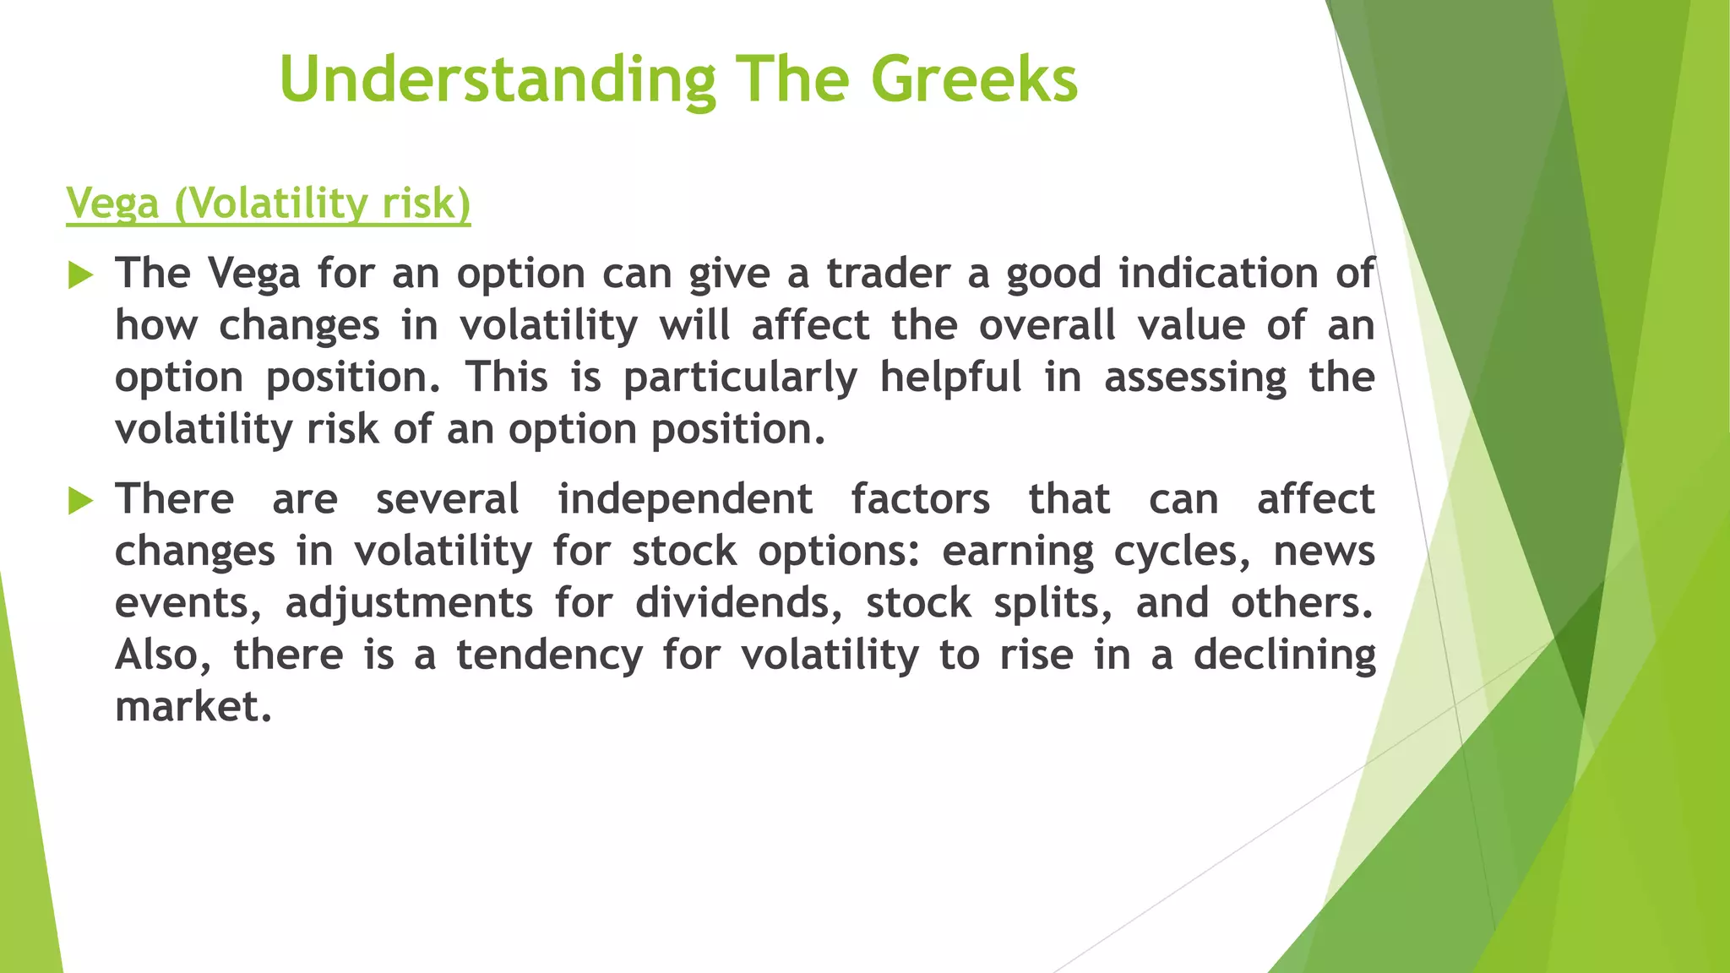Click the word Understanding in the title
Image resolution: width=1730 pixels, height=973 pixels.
[498, 79]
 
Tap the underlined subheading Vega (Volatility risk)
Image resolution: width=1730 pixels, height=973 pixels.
[269, 204]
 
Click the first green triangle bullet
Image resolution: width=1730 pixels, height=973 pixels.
[80, 275]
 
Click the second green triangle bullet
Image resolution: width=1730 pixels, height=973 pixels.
[80, 500]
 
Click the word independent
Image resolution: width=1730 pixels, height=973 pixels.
[685, 499]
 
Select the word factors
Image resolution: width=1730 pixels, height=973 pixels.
[920, 499]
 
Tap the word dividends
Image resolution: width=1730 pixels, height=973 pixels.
[739, 604]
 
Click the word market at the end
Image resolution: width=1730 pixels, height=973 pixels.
[193, 707]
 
